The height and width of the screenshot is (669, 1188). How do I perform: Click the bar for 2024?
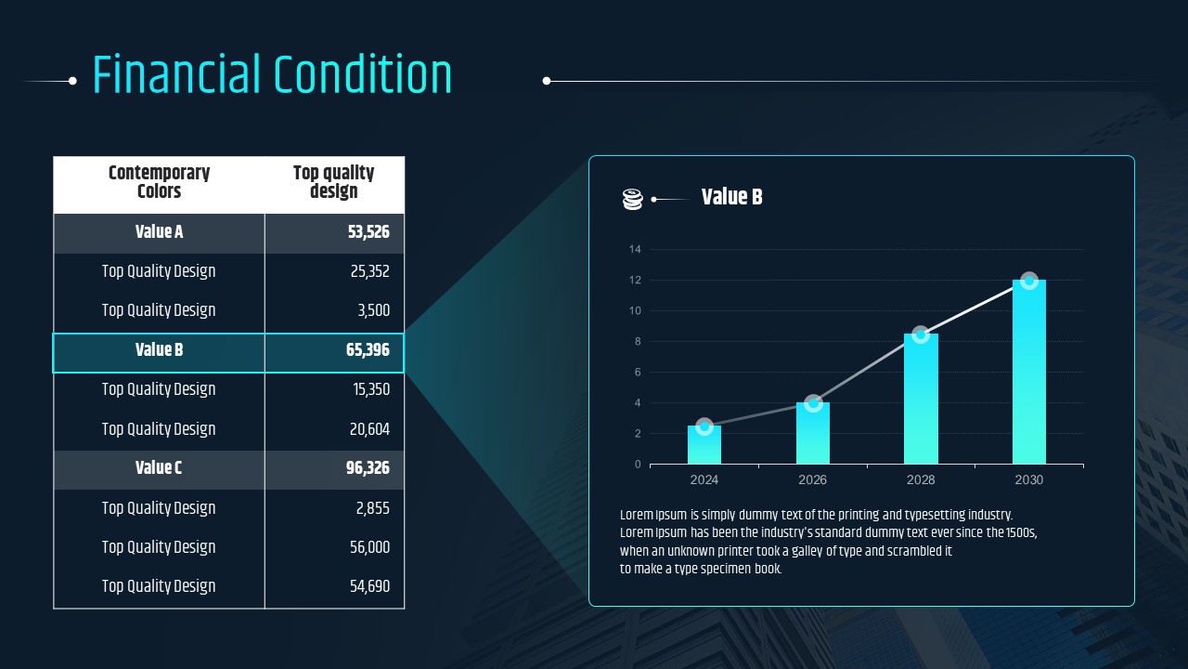click(x=704, y=445)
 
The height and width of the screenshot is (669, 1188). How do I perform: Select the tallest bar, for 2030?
click(x=1029, y=372)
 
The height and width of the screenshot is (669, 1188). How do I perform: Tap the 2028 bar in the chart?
click(x=921, y=399)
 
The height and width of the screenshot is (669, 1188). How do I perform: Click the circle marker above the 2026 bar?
click(x=813, y=403)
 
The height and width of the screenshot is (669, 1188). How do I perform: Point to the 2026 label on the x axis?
click(x=812, y=480)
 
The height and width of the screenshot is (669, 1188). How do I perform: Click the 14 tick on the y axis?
click(x=635, y=249)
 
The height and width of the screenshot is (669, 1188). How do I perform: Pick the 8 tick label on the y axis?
click(x=638, y=341)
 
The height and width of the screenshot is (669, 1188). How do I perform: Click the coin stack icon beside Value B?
click(x=632, y=199)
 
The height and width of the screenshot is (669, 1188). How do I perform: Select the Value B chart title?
click(x=732, y=197)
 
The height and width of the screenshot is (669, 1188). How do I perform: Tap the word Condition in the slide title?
click(x=363, y=74)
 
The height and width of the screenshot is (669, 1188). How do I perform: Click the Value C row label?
click(x=159, y=467)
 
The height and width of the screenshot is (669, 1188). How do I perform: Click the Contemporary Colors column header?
click(x=159, y=182)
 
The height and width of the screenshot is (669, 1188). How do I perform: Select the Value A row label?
click(x=159, y=232)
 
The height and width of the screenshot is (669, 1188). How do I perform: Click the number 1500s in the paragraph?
click(x=1021, y=532)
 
